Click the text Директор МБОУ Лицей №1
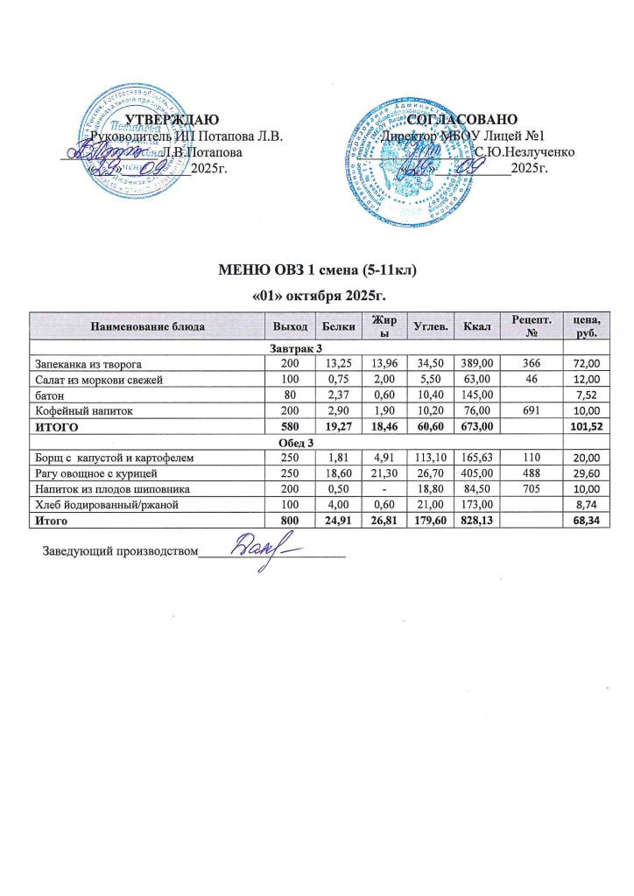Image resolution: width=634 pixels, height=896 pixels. point(465,136)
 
